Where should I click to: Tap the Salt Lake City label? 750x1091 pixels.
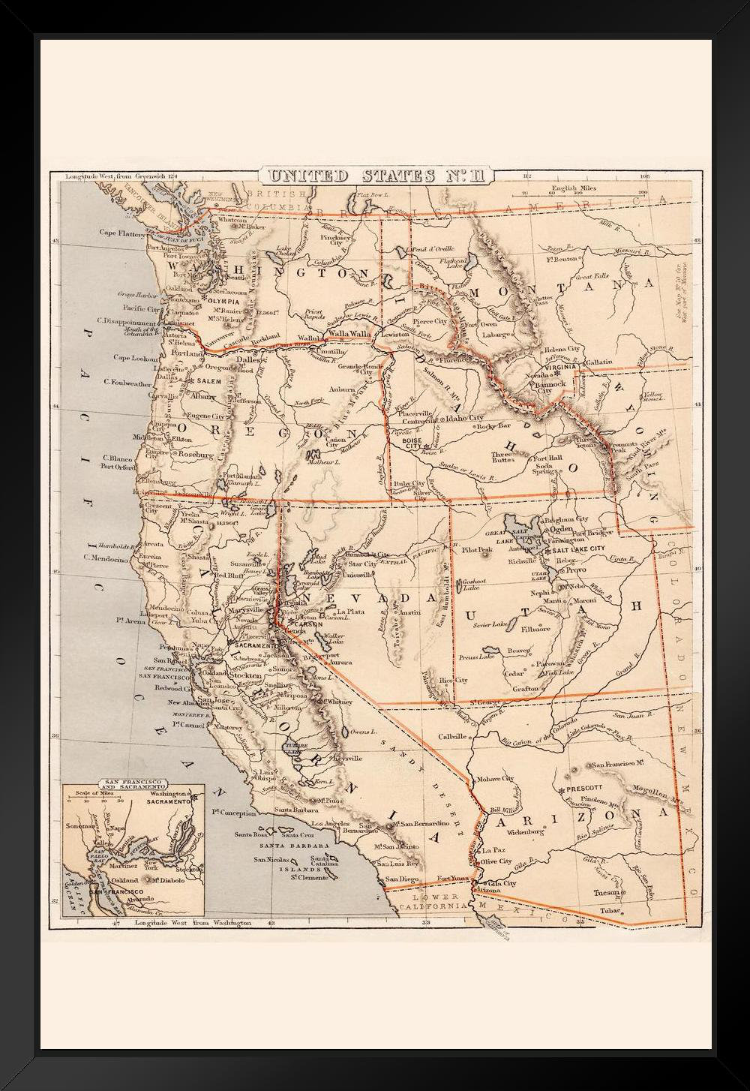[578, 550]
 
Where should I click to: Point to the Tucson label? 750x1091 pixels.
[605, 892]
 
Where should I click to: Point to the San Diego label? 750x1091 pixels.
[400, 879]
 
